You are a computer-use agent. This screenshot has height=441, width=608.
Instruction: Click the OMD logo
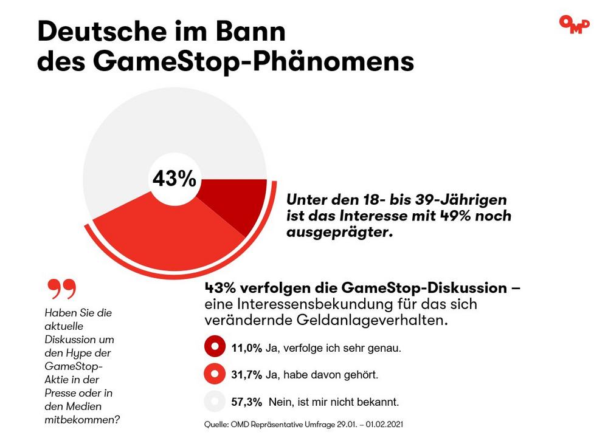574,24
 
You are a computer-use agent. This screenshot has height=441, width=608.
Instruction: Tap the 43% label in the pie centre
174,179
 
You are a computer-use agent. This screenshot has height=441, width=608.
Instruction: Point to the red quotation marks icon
62,289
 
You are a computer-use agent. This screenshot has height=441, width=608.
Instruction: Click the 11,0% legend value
246,348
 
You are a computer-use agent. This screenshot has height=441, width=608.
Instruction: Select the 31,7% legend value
246,375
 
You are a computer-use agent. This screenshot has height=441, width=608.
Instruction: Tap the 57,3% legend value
246,402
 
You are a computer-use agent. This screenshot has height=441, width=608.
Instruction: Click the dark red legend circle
215,348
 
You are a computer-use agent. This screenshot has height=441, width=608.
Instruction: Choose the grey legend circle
215,402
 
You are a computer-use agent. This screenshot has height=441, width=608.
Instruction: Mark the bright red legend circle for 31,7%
215,375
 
